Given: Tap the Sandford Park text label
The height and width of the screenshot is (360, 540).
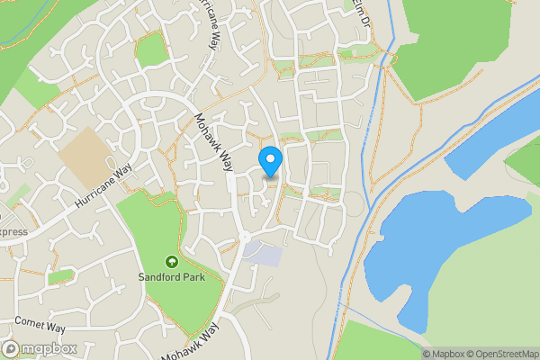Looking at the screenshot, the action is point(171,276).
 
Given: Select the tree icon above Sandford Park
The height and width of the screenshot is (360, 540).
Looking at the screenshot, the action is point(171,261).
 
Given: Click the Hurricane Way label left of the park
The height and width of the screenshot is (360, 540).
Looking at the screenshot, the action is point(103,186).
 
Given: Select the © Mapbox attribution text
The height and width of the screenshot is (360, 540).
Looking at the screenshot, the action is point(441,353).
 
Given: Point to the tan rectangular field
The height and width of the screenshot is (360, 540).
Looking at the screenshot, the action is point(89,153).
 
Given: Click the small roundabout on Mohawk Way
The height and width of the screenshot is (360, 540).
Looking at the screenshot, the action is point(243,237).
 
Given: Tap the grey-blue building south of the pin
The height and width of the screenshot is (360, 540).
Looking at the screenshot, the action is point(266,254).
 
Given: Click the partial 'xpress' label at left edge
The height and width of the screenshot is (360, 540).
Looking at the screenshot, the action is point(13,231).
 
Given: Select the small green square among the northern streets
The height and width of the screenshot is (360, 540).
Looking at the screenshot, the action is point(151,51).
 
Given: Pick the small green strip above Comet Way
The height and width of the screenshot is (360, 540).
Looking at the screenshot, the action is point(60,275).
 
